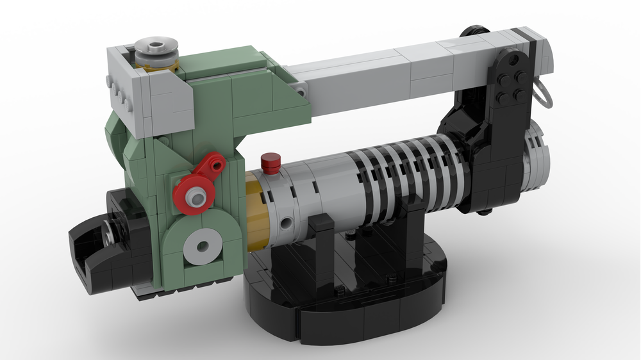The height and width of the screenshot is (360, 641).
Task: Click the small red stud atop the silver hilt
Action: point(272,163)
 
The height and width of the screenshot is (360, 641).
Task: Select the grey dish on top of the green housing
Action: point(156,51)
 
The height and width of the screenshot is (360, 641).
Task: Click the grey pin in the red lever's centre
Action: point(199,192)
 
